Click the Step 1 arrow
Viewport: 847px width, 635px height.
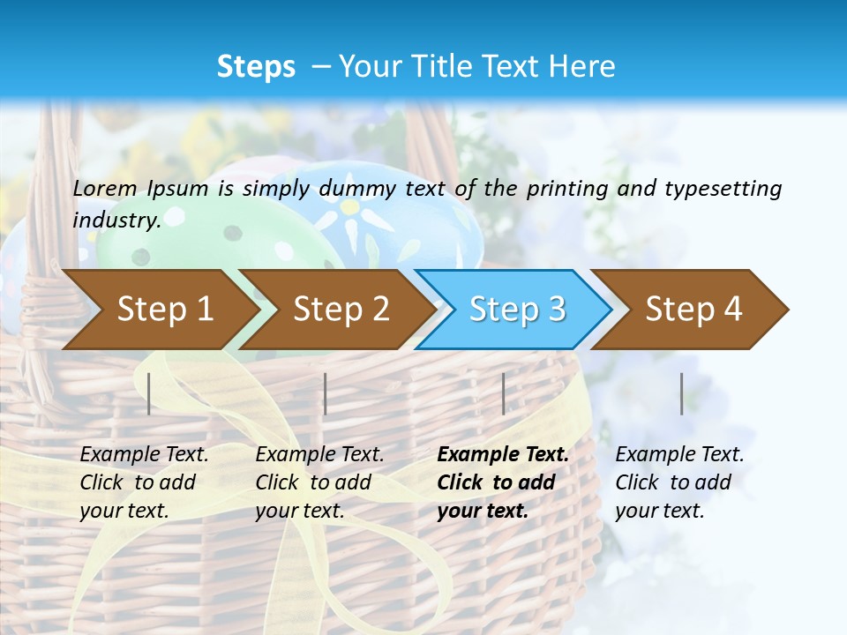[x=163, y=310]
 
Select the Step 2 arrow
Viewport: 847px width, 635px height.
[x=340, y=310]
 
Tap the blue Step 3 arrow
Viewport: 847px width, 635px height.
[x=516, y=310]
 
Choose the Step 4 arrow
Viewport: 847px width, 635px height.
[x=693, y=310]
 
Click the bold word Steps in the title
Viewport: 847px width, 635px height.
[x=256, y=67]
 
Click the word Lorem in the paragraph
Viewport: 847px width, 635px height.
[x=105, y=188]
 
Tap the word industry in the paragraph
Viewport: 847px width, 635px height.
[x=116, y=220]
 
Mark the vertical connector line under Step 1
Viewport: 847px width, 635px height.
[x=149, y=393]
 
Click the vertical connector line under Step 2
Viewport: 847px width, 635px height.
[x=326, y=393]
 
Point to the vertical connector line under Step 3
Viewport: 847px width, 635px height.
[x=503, y=393]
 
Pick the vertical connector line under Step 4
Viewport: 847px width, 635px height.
[x=682, y=393]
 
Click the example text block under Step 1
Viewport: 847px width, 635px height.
[x=144, y=482]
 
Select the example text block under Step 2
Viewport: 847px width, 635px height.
[x=319, y=482]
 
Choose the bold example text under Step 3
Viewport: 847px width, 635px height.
[x=502, y=482]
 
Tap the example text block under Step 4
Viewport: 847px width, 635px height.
[x=679, y=482]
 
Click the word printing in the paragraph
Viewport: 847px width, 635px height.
[x=559, y=188]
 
